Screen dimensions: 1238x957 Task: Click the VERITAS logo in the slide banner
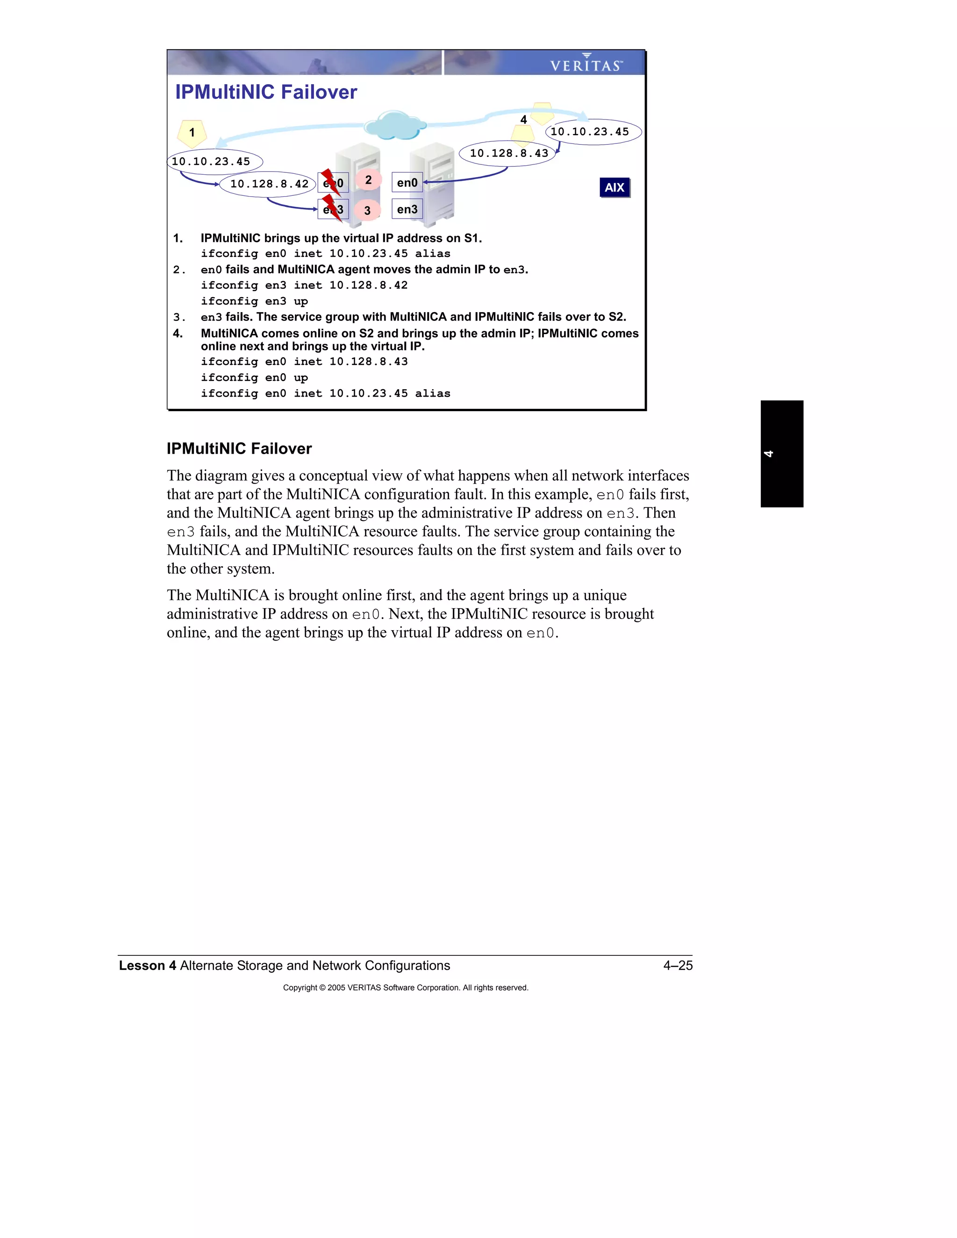click(x=586, y=64)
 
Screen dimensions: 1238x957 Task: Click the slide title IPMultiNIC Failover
click(x=266, y=92)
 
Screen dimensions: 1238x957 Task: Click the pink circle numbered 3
click(x=367, y=210)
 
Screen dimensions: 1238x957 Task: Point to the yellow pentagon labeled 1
click(x=192, y=133)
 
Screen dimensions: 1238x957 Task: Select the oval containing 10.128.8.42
click(x=268, y=184)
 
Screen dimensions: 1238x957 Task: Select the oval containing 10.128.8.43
click(x=508, y=154)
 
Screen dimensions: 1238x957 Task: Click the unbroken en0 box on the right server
click(x=407, y=183)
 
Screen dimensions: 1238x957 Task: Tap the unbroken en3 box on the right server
click(x=407, y=209)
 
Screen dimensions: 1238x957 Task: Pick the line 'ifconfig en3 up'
click(x=254, y=301)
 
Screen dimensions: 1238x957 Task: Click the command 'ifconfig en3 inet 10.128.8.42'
click(x=304, y=285)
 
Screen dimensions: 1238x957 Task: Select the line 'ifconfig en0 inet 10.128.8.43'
click(x=304, y=362)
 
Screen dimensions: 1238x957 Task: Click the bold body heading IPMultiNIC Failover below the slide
click(x=239, y=448)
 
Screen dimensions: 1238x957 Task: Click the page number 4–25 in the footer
click(x=678, y=965)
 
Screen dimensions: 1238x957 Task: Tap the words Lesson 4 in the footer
click(x=147, y=965)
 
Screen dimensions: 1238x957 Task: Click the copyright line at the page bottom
click(x=405, y=988)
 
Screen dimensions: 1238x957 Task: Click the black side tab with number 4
click(x=781, y=454)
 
